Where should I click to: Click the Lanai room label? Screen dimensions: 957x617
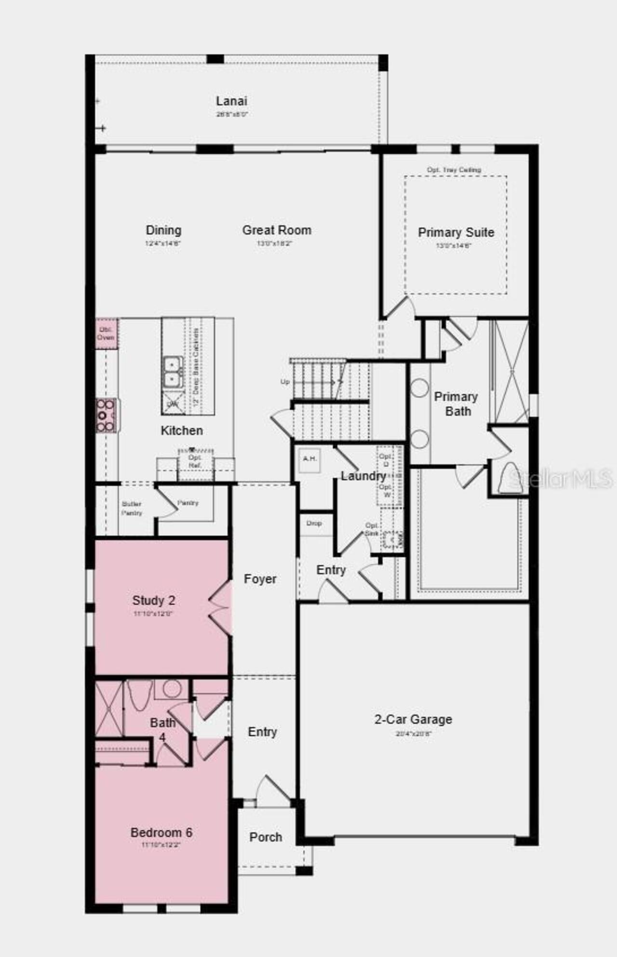tap(231, 101)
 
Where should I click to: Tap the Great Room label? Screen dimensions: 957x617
tap(277, 230)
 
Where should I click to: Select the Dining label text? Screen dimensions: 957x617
tap(163, 230)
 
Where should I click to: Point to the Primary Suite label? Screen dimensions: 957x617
tap(456, 232)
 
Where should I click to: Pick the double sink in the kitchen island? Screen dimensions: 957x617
tap(172, 372)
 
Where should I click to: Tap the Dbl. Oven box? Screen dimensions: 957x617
tap(106, 333)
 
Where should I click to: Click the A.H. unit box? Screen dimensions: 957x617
tap(309, 459)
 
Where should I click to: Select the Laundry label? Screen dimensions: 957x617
tap(363, 476)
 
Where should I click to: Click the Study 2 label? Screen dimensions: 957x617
tap(154, 601)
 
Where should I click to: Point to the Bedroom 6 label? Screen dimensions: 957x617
tap(161, 833)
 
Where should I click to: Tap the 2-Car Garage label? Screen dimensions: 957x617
tap(413, 719)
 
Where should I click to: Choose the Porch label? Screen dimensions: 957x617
tap(266, 837)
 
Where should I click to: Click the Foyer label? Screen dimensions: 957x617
tap(260, 579)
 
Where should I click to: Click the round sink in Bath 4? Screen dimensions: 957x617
tap(171, 689)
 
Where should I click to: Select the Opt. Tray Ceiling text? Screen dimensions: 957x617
tap(454, 170)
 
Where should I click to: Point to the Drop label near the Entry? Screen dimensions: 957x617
tap(314, 523)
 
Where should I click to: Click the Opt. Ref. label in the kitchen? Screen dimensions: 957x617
tap(195, 461)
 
